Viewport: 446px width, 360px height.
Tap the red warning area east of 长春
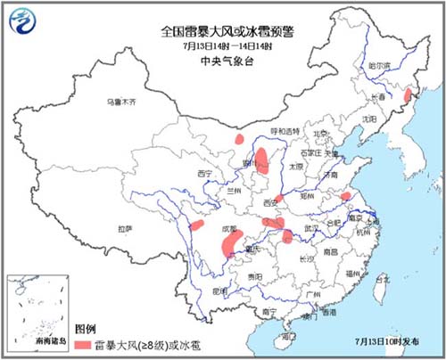409,95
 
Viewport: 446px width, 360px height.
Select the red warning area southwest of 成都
230,243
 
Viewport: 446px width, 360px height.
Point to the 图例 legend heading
84,329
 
